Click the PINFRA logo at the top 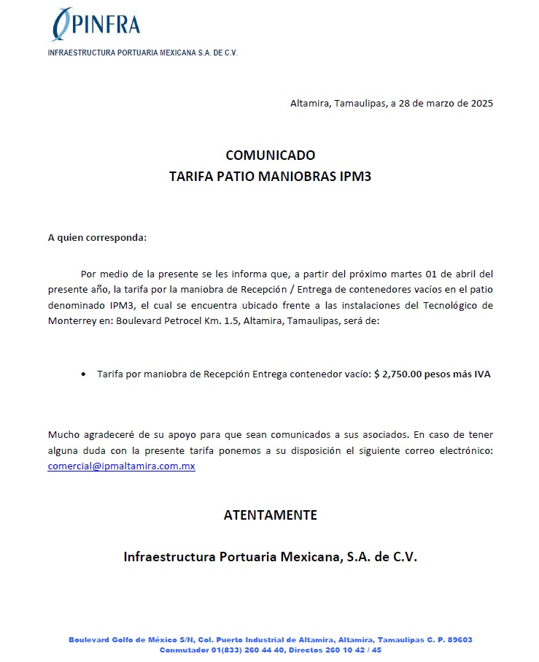[x=96, y=24]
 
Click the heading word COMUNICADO [x=270, y=155]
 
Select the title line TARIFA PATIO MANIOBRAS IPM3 [x=270, y=177]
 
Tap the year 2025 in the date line [x=481, y=103]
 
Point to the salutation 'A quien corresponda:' [x=97, y=238]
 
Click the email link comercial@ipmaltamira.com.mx [x=121, y=466]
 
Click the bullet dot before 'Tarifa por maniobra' [x=82, y=374]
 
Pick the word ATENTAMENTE [x=270, y=515]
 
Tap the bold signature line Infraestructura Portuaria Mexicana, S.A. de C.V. [x=270, y=557]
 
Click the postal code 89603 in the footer [x=459, y=639]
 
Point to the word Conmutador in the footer [x=184, y=650]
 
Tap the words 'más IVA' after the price [x=472, y=374]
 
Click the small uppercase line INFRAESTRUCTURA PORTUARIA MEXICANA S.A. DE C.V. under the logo [x=143, y=53]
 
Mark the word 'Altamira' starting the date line [x=309, y=103]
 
